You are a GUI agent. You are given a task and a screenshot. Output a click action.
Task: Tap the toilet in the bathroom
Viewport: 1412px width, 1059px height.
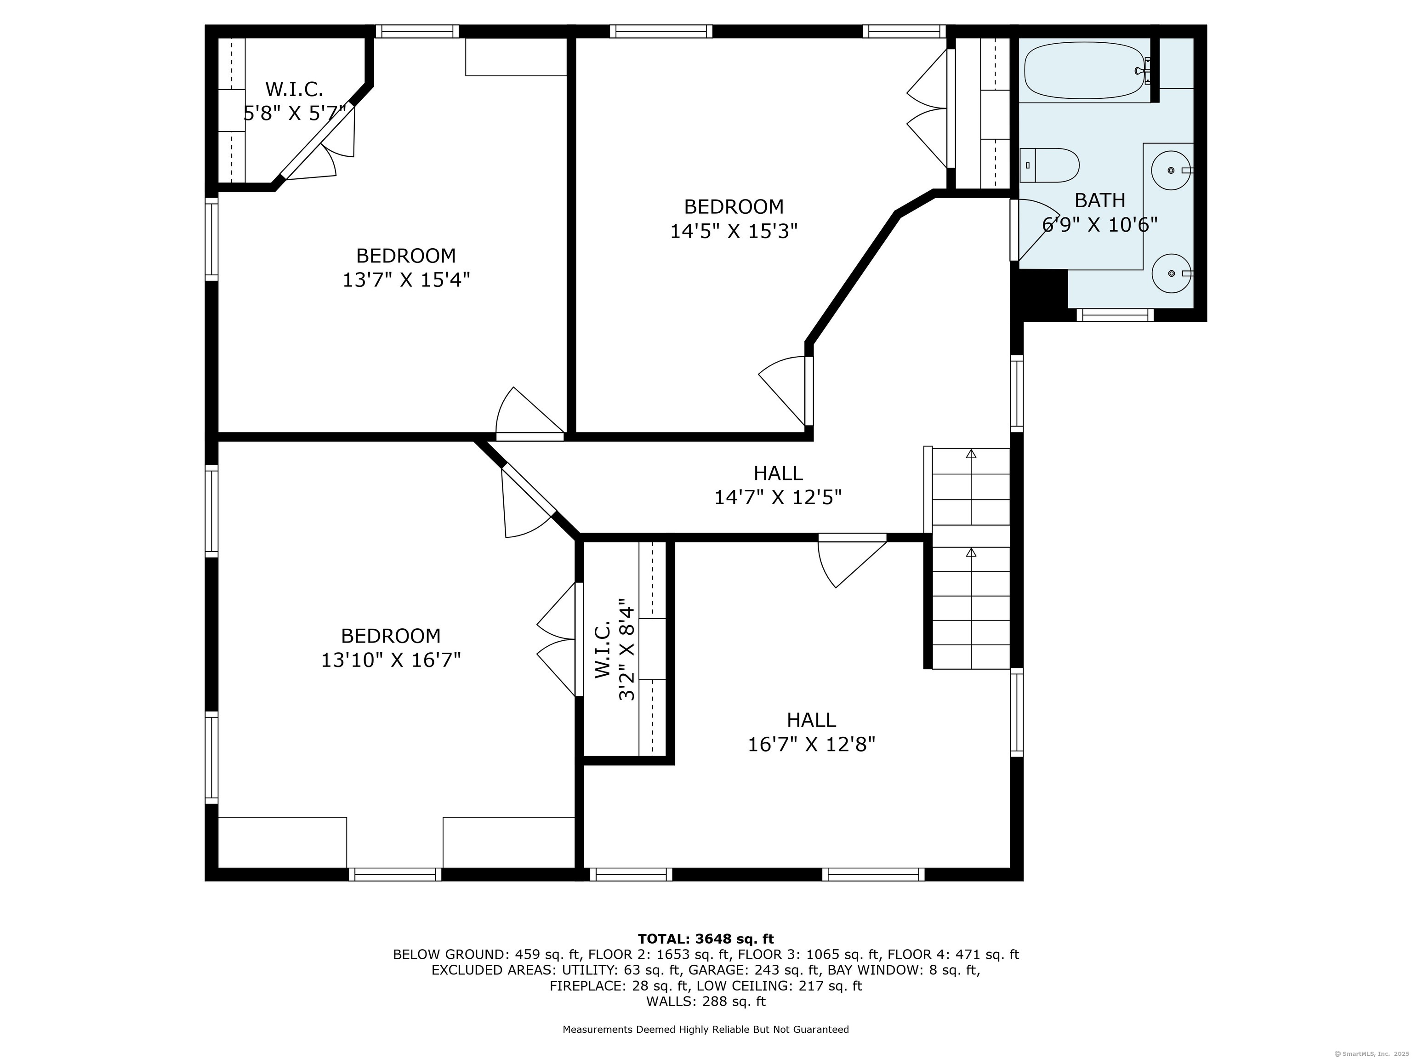point(1049,165)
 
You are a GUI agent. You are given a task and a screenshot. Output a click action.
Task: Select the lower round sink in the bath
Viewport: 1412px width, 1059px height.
point(1171,273)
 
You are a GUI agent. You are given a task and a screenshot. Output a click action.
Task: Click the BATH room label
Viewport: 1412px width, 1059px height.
point(1100,200)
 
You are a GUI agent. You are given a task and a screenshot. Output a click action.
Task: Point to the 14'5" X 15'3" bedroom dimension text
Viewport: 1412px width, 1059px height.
point(734,230)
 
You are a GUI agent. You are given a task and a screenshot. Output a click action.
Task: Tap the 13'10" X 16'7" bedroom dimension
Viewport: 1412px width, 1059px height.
point(391,660)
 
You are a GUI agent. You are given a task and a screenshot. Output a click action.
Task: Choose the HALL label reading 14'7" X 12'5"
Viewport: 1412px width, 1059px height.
point(778,485)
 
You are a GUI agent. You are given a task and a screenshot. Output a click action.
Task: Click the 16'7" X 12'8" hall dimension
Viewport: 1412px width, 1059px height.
point(811,744)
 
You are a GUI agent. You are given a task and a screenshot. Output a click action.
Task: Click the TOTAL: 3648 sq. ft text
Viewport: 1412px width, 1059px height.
point(706,939)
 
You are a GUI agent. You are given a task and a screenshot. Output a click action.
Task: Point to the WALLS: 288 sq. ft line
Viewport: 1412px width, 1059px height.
point(706,1001)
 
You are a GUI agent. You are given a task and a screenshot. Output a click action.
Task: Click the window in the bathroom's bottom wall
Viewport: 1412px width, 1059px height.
point(1115,315)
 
